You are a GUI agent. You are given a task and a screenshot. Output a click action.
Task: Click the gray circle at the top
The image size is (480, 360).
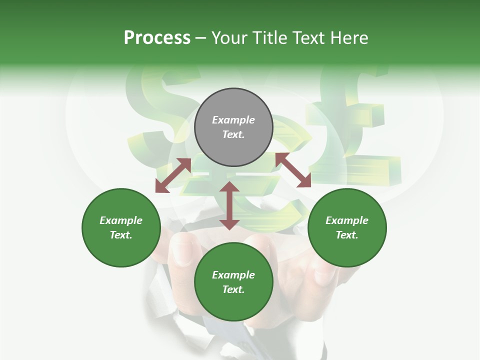(x=233, y=127)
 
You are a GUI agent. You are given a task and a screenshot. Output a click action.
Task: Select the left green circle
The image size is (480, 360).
(x=121, y=227)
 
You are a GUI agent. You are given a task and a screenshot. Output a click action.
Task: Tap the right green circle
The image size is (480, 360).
(x=347, y=227)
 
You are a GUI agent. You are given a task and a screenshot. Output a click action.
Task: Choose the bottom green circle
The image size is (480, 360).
(x=233, y=282)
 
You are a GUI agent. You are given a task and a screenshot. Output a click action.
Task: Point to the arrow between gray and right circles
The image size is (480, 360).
(x=293, y=170)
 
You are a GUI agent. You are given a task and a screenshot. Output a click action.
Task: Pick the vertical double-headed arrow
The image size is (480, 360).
(x=229, y=205)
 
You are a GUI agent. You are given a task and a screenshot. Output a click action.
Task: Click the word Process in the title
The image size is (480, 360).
(x=157, y=38)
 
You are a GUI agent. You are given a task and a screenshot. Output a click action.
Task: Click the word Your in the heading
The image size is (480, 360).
(x=229, y=38)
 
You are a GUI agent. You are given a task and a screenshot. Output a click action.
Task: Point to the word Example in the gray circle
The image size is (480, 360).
(x=233, y=120)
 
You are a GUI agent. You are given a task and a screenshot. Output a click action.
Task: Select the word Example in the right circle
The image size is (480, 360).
(x=347, y=220)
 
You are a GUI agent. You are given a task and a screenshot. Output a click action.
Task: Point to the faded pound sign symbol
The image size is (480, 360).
(x=350, y=125)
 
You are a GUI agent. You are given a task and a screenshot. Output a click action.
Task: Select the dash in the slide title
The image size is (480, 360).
(x=201, y=38)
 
